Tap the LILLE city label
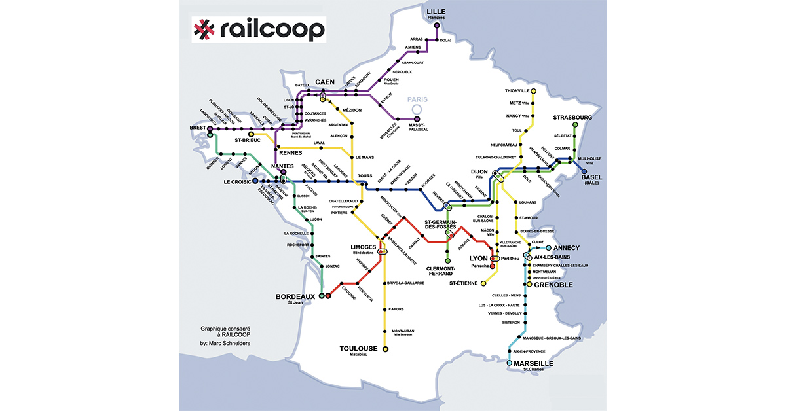pos(436,12)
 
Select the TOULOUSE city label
pos(358,348)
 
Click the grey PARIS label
pos(417,99)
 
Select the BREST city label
pos(197,128)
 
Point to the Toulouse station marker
pos(385,349)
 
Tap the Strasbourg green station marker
pos(575,124)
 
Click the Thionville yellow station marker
pos(534,90)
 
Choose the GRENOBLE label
pos(553,285)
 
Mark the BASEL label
pos(591,177)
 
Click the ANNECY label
pos(567,249)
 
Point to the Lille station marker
pos(436,25)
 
